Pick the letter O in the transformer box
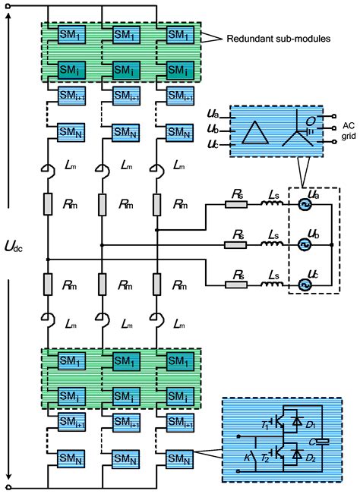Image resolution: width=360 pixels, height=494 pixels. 311,119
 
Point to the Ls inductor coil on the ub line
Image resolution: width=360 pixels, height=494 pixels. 270,246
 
